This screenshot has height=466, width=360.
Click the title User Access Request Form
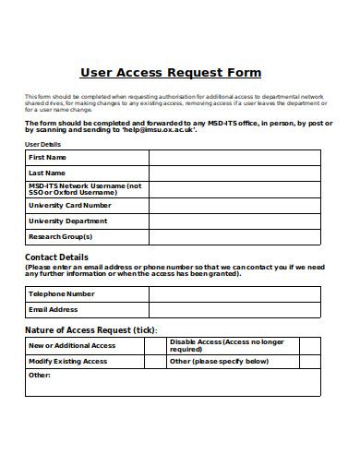pyautogui.click(x=171, y=72)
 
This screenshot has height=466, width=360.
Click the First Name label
pyautogui.click(x=47, y=158)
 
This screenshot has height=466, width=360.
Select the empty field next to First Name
pyautogui.click(x=234, y=158)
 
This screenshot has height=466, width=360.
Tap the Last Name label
pyautogui.click(x=47, y=173)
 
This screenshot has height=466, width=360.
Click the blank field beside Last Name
pyautogui.click(x=234, y=173)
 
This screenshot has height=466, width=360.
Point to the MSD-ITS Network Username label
pyautogui.click(x=85, y=189)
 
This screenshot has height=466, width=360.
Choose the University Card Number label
pyautogui.click(x=69, y=206)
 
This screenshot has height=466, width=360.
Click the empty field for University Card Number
pyautogui.click(x=234, y=206)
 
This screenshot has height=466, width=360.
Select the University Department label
pyautogui.click(x=68, y=221)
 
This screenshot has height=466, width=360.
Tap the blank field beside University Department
pyautogui.click(x=234, y=221)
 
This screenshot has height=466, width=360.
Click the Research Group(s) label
pyautogui.click(x=61, y=236)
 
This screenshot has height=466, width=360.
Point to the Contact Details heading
pyautogui.click(x=57, y=257)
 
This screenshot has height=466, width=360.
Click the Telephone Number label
pyautogui.click(x=62, y=294)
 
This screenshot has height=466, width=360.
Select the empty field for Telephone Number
pyautogui.click(x=234, y=294)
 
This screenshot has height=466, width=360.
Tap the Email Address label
pyautogui.click(x=54, y=310)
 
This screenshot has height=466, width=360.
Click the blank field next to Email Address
pyautogui.click(x=234, y=310)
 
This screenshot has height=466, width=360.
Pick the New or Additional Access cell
pyautogui.click(x=72, y=346)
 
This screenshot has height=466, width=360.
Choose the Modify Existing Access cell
pyautogui.click(x=68, y=362)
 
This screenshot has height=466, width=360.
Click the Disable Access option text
pyautogui.click(x=226, y=346)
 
